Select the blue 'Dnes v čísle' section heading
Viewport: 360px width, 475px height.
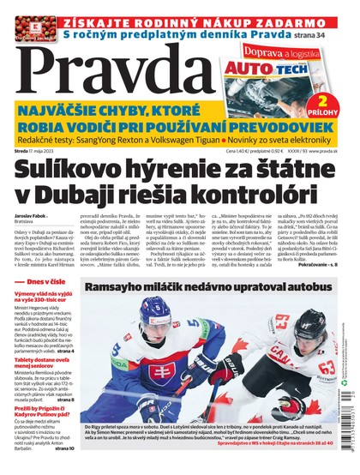coord(41,306)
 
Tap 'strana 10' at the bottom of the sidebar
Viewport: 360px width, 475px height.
coord(63,470)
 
